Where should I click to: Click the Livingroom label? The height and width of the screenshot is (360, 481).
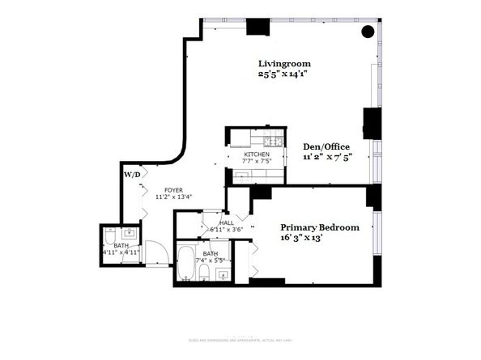tap(284, 64)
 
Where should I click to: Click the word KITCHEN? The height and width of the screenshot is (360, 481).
tap(258, 154)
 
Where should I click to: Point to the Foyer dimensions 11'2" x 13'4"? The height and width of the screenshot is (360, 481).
tap(173, 195)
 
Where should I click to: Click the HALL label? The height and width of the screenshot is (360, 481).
tap(226, 222)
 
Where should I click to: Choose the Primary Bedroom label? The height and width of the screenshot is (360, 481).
tap(320, 228)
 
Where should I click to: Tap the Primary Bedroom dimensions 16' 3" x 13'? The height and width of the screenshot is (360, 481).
tap(309, 239)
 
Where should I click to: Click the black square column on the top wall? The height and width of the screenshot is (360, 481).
tap(258, 27)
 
